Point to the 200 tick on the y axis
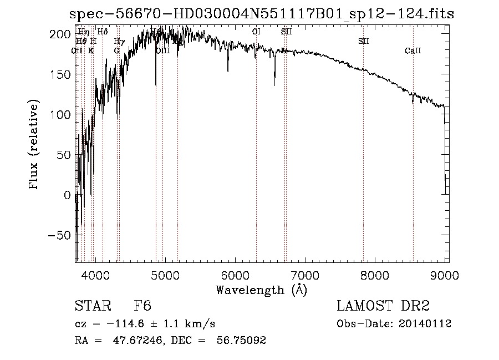(77, 34)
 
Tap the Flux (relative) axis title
(35, 145)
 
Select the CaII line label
(413, 51)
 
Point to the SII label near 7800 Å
(363, 42)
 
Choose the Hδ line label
(103, 32)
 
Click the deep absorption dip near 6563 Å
(274, 83)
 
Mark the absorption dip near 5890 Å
(227, 70)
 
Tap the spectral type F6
(142, 306)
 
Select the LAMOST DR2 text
(383, 306)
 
